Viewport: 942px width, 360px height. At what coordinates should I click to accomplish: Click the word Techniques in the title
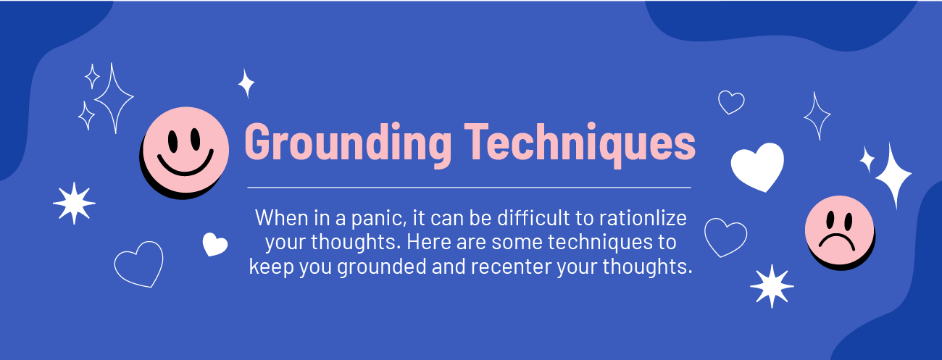click(x=580, y=143)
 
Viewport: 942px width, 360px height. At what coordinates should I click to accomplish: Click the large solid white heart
click(x=757, y=167)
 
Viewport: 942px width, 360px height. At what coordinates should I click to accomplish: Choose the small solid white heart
click(x=215, y=244)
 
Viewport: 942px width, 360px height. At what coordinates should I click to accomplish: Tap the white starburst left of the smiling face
click(x=74, y=203)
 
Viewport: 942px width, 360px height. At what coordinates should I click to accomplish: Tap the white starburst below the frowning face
click(x=772, y=286)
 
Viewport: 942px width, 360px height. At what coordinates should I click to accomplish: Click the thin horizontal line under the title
click(x=469, y=188)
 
